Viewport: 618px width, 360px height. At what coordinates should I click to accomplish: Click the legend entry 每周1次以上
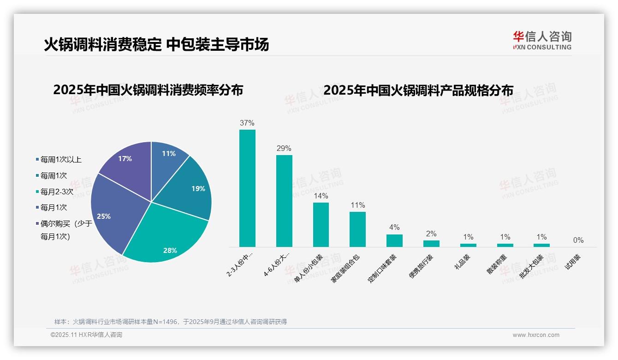pyautogui.click(x=60, y=160)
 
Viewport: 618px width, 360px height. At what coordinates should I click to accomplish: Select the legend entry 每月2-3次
pyautogui.click(x=56, y=192)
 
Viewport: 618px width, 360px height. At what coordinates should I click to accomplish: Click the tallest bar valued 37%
pyautogui.click(x=247, y=188)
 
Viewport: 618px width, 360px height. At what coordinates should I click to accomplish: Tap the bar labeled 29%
pyautogui.click(x=284, y=201)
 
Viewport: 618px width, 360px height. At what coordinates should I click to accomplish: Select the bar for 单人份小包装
pyautogui.click(x=321, y=225)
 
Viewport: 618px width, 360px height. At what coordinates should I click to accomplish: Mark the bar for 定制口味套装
pyautogui.click(x=394, y=240)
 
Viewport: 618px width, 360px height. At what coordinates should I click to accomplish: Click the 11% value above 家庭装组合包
pyautogui.click(x=357, y=205)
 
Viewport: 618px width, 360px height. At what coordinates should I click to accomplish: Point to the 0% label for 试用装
pyautogui.click(x=578, y=240)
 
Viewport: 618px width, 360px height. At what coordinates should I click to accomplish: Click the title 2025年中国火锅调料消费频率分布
pyautogui.click(x=148, y=90)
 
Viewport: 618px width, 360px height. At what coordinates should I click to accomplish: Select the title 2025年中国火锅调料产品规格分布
pyautogui.click(x=418, y=90)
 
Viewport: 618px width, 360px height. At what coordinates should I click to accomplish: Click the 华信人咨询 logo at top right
pyautogui.click(x=542, y=40)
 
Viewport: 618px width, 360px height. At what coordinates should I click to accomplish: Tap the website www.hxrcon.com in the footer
pyautogui.click(x=535, y=335)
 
